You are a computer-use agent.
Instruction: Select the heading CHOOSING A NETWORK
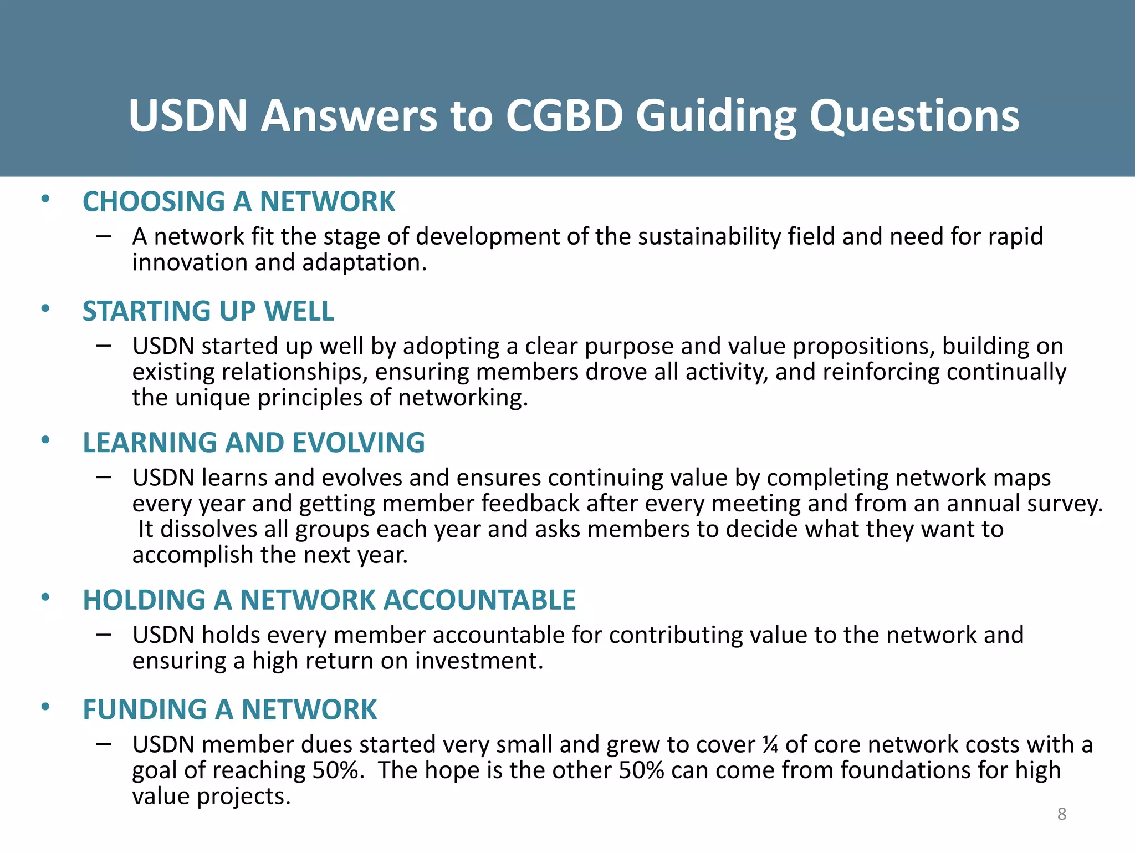(x=239, y=201)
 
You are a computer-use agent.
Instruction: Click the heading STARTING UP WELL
(x=208, y=311)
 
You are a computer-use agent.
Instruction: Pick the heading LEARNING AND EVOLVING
(x=254, y=443)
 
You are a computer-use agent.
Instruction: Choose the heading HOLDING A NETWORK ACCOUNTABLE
(x=329, y=600)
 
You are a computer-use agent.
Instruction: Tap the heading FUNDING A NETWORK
(x=230, y=709)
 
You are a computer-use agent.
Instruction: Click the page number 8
(x=1062, y=814)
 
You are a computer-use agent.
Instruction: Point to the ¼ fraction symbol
(x=770, y=744)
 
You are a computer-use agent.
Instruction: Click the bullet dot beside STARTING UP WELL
(x=45, y=308)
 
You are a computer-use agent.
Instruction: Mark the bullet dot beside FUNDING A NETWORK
(x=45, y=707)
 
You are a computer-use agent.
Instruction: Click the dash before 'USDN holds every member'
(x=104, y=635)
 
